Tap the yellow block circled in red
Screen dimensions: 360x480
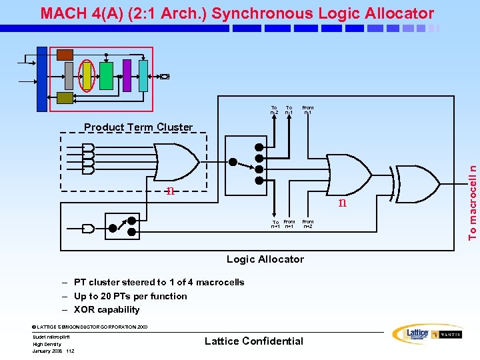(x=87, y=75)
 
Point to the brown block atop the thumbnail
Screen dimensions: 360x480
(x=65, y=54)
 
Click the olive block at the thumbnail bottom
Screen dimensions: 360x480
(x=65, y=98)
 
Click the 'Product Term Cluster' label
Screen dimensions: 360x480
(x=138, y=127)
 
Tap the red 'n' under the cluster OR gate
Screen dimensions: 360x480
(x=171, y=191)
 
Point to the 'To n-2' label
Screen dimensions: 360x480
(x=274, y=110)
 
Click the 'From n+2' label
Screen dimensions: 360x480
(x=308, y=224)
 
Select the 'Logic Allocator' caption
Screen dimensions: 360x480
(x=265, y=259)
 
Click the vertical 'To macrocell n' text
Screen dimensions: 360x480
(x=472, y=196)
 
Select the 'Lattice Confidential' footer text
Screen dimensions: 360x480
(x=253, y=341)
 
